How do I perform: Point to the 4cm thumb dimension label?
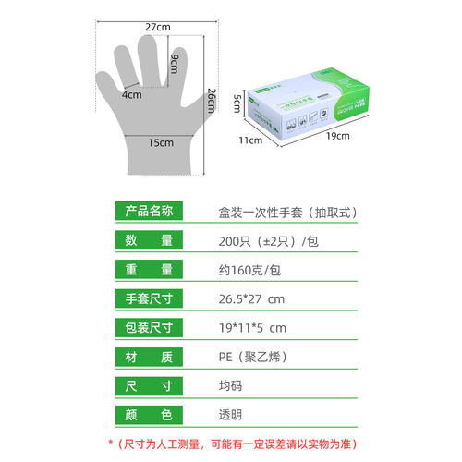pos(130,94)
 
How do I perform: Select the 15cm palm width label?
pos(161,142)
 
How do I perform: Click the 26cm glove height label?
pos(211,100)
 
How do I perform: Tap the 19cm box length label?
pos(338,136)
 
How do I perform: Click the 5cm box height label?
pos(237,99)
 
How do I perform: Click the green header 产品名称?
pos(149,211)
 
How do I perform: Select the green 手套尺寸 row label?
pos(149,298)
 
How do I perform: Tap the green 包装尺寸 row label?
pos(149,327)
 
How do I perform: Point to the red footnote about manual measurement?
pos(232,444)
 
